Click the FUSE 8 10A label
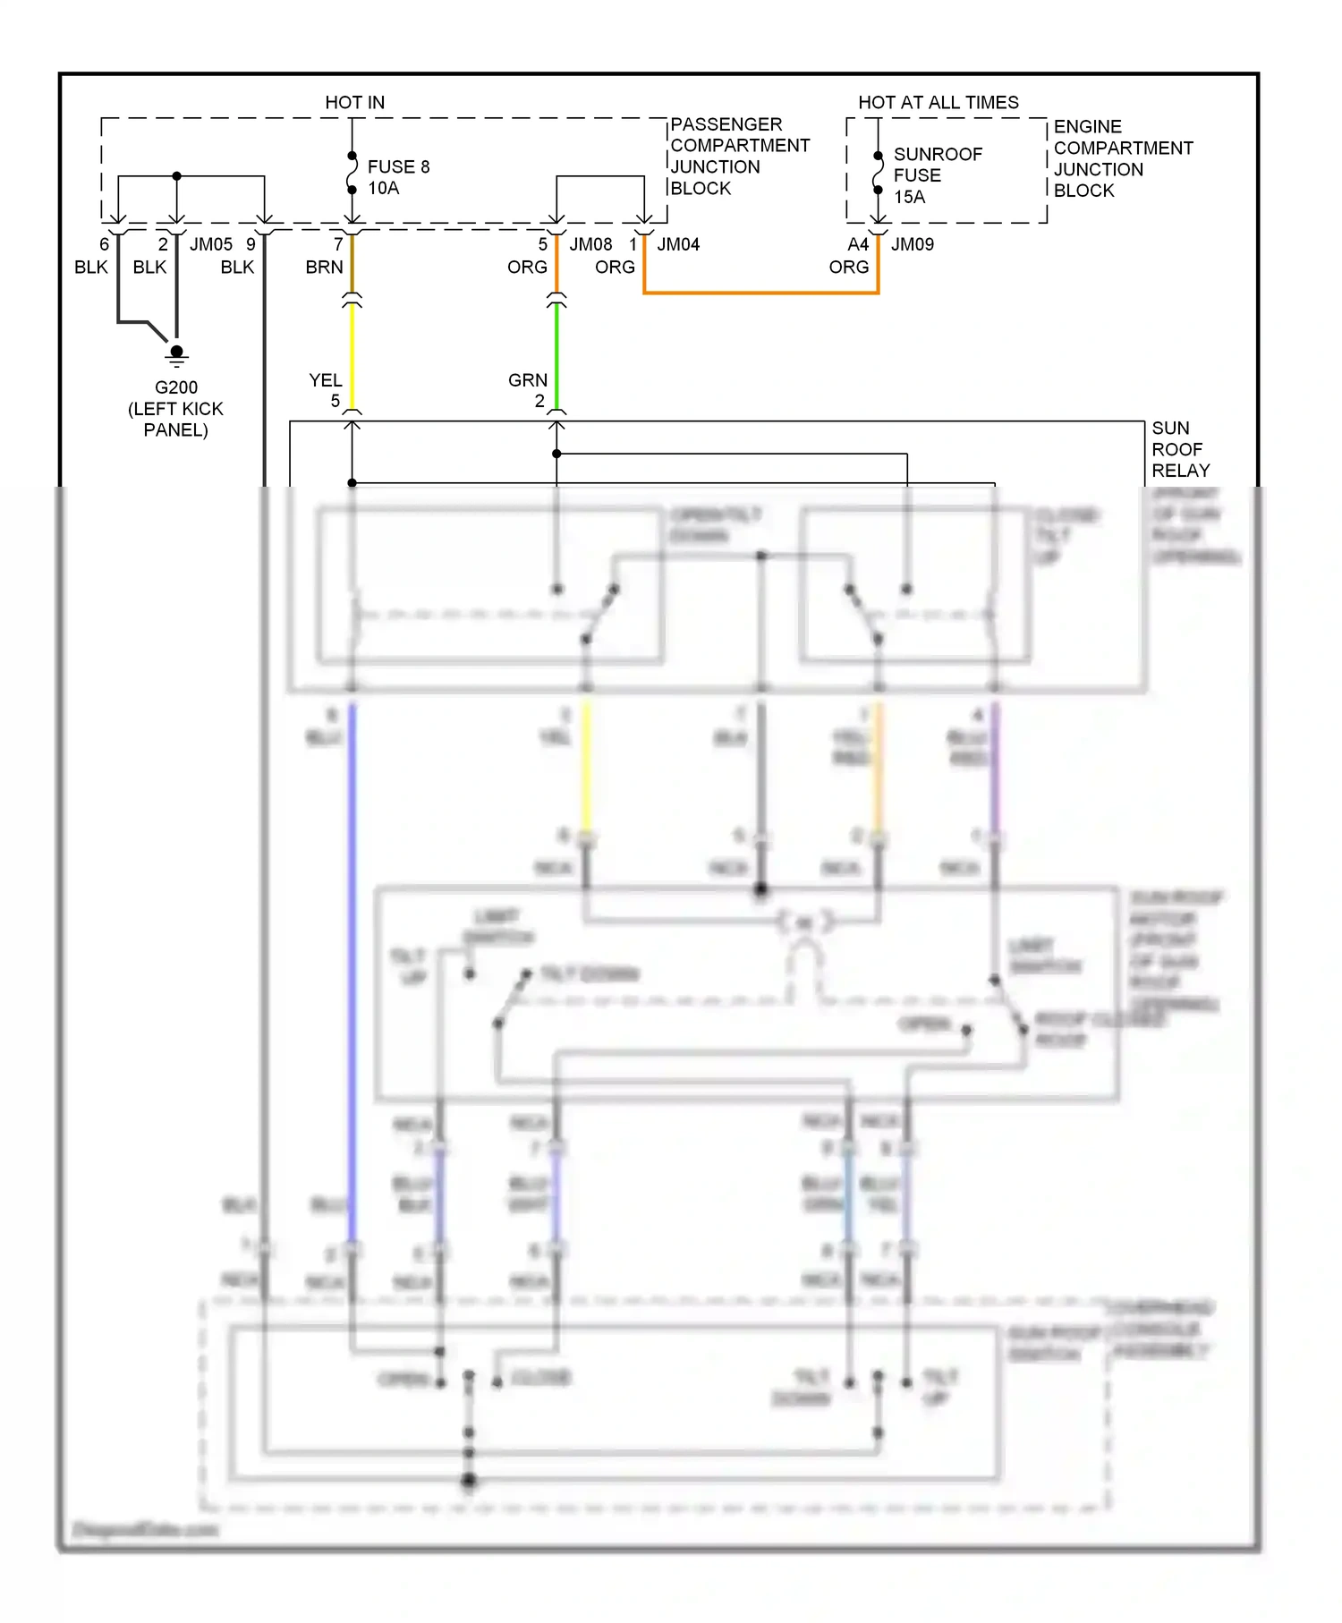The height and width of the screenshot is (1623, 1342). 398,177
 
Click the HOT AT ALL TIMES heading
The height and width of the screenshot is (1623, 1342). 938,102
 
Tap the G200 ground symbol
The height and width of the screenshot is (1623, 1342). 176,354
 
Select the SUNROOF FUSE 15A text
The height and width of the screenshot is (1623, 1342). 937,175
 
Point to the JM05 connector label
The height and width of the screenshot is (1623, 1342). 210,244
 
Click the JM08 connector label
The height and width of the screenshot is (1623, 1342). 590,244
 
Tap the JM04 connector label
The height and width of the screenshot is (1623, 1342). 678,244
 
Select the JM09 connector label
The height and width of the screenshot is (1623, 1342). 912,244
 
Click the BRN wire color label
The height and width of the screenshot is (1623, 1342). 324,267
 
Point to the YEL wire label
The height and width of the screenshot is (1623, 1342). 325,380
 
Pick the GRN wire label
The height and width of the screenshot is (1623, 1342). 527,380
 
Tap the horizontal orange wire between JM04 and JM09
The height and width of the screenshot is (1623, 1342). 760,293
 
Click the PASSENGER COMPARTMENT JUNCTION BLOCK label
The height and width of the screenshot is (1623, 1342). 739,156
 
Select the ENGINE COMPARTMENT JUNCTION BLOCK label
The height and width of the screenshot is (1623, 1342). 1122,158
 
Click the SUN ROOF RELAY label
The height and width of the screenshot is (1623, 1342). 1180,449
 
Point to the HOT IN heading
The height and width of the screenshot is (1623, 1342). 354,102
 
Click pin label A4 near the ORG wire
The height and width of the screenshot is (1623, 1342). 857,244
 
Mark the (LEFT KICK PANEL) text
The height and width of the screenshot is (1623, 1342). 175,419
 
